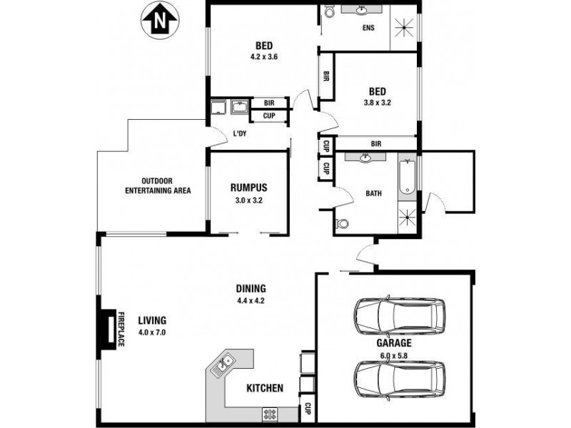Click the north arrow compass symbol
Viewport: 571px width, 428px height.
pos(159,21)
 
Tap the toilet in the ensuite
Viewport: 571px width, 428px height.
pos(329,11)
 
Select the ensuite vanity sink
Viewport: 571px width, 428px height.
pos(362,10)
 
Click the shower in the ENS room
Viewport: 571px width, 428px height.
pos(403,28)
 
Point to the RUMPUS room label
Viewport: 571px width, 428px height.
pos(248,188)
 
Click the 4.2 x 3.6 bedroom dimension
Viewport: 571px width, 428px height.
pos(264,57)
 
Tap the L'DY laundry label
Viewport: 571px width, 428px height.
pos(240,133)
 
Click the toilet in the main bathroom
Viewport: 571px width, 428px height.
pos(341,223)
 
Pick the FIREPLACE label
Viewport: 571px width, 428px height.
pos(121,329)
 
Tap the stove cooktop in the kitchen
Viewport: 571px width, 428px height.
pos(270,414)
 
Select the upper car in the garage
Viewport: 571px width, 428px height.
pos(400,316)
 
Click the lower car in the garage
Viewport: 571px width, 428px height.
pos(400,379)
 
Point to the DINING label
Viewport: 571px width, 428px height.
pos(251,289)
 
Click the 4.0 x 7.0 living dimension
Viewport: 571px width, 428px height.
pos(152,332)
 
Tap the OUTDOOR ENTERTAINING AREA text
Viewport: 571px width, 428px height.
pos(158,185)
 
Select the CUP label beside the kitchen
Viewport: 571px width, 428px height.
pos(308,409)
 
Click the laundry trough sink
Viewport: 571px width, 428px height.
pos(240,107)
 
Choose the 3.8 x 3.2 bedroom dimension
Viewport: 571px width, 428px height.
pos(378,103)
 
